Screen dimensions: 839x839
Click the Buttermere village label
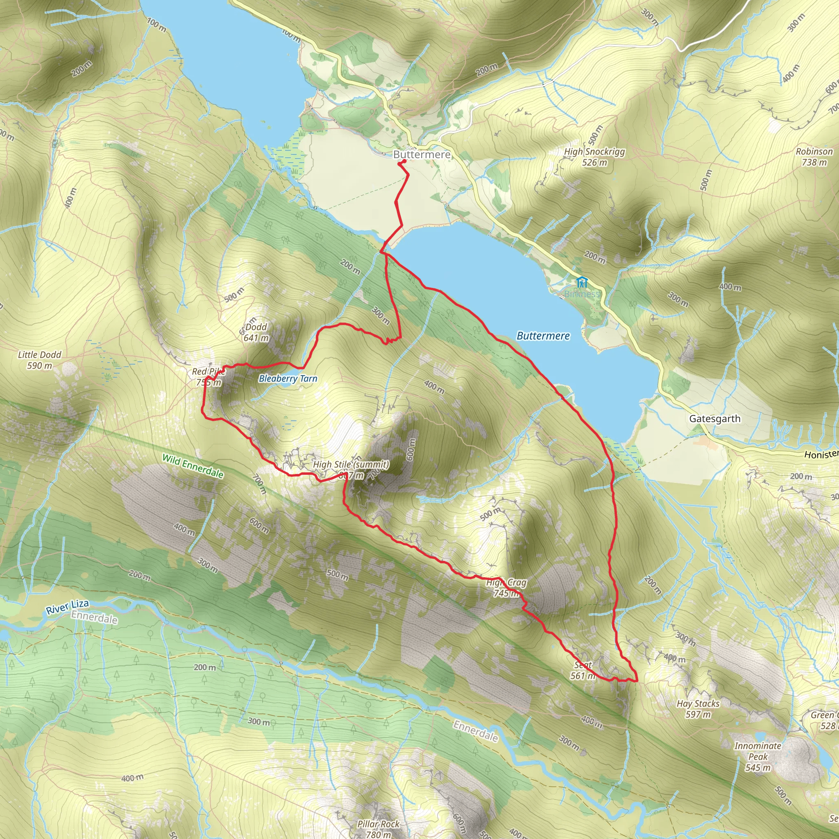point(422,154)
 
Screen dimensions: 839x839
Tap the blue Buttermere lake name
point(543,336)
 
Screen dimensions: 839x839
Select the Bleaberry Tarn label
point(288,379)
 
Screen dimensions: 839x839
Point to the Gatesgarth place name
point(715,419)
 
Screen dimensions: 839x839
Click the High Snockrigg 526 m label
point(594,157)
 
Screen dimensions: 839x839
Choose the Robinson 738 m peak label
point(814,156)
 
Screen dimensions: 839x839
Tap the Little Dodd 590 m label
point(39,360)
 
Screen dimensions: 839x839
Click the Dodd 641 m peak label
point(256,332)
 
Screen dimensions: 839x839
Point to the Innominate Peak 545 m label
point(758,757)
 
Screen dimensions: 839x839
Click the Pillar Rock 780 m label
point(378,829)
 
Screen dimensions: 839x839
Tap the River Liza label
point(67,607)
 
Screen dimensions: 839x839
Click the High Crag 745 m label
point(506,587)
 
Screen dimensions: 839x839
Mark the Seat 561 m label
point(583,670)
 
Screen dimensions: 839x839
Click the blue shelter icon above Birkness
point(581,283)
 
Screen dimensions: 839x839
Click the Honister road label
point(821,454)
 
